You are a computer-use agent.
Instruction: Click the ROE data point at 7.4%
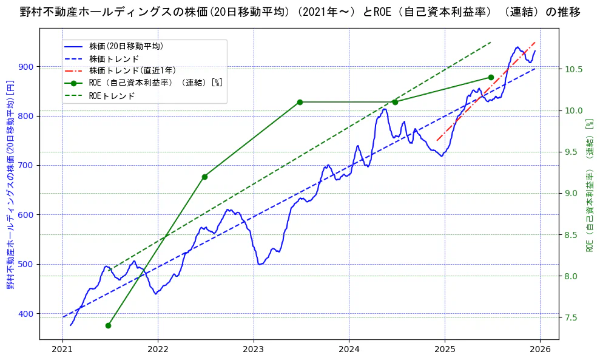click(x=108, y=325)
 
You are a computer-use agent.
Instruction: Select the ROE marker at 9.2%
click(x=204, y=177)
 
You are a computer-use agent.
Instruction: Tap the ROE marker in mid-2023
click(x=300, y=102)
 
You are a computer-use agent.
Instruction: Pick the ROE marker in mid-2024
click(x=395, y=102)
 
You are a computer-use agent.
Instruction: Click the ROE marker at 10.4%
click(x=491, y=77)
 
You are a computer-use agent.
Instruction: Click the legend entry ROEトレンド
click(x=112, y=96)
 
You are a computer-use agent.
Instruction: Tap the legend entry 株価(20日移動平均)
click(x=126, y=46)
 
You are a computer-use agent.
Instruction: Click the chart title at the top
click(x=300, y=12)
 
